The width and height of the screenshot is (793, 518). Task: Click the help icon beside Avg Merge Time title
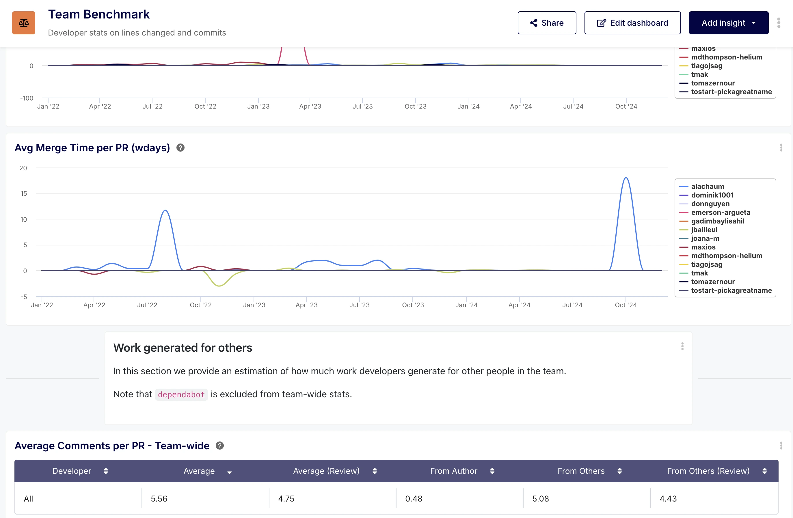pyautogui.click(x=180, y=148)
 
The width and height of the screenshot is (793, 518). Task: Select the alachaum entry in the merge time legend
pyautogui.click(x=707, y=187)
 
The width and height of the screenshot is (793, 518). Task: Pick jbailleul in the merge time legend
pyautogui.click(x=704, y=230)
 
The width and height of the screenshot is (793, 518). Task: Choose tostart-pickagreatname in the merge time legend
pyautogui.click(x=731, y=290)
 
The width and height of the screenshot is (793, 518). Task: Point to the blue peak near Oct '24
pyautogui.click(x=626, y=178)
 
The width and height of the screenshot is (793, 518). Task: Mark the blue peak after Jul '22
pyautogui.click(x=165, y=210)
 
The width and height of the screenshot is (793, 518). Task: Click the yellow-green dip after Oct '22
pyautogui.click(x=219, y=286)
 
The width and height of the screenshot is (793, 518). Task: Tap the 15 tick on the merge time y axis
pyautogui.click(x=24, y=193)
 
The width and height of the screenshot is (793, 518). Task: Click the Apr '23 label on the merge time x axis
pyautogui.click(x=306, y=305)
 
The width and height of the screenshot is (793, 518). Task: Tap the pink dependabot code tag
pyautogui.click(x=181, y=394)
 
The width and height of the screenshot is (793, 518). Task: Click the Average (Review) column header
pyautogui.click(x=326, y=471)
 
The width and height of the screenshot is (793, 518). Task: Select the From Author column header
pyautogui.click(x=453, y=471)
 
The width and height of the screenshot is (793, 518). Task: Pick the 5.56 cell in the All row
pyautogui.click(x=159, y=499)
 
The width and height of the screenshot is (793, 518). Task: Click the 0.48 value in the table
pyautogui.click(x=414, y=499)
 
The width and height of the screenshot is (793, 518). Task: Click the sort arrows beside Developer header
pyautogui.click(x=106, y=471)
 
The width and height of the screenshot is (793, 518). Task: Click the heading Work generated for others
pyautogui.click(x=183, y=348)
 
